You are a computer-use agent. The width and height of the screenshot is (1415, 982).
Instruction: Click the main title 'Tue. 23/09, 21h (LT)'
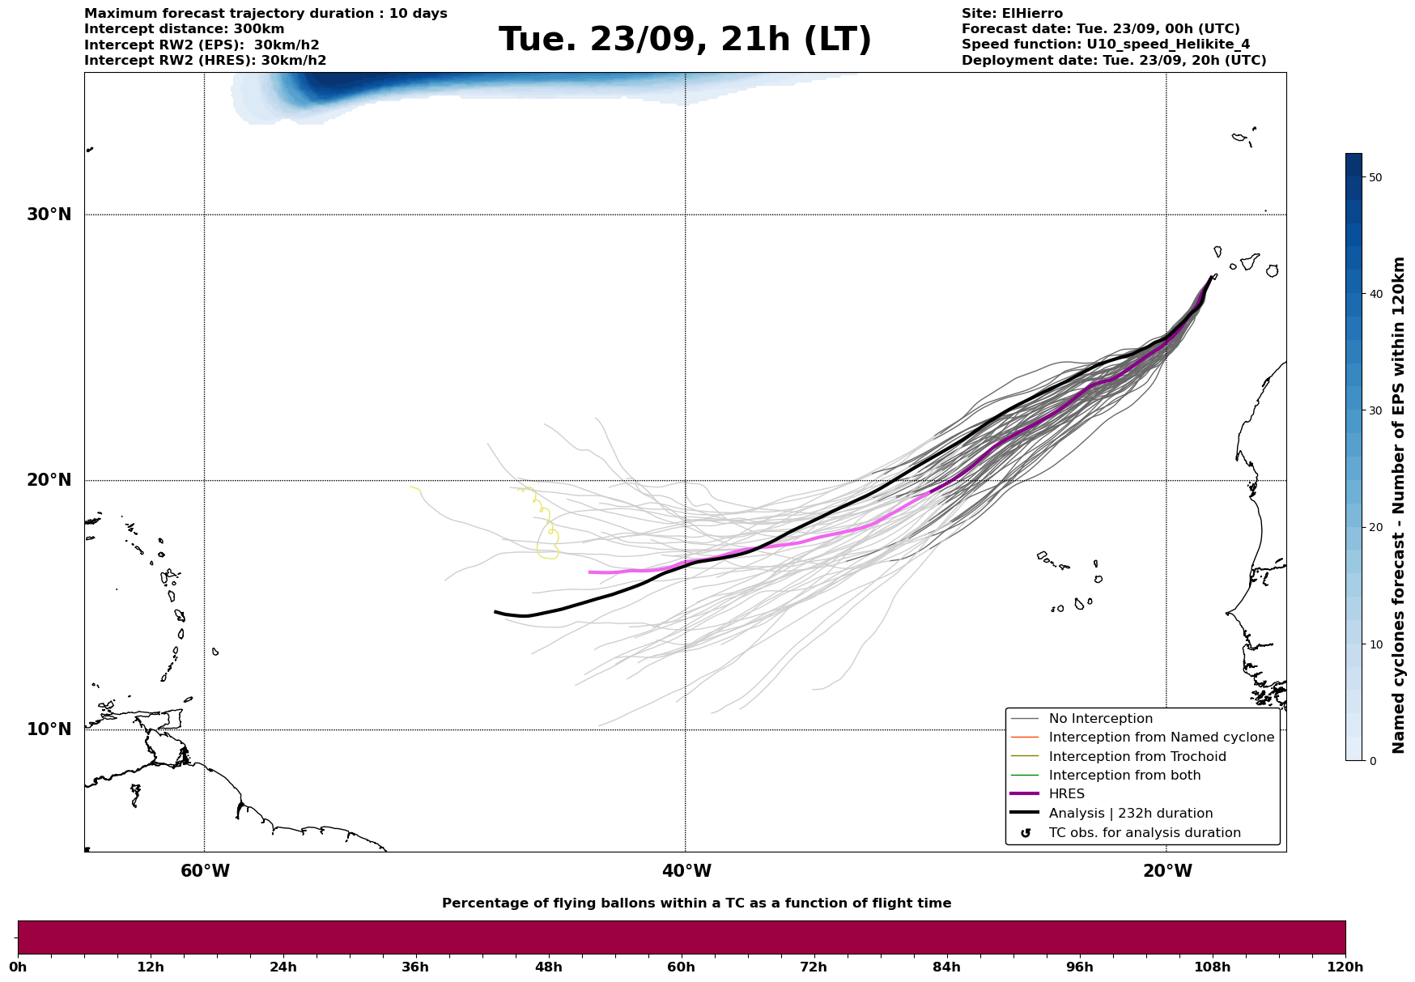(685, 40)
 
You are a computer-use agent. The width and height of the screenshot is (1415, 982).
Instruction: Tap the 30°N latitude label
(49, 215)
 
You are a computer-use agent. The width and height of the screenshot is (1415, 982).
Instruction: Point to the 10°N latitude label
(49, 729)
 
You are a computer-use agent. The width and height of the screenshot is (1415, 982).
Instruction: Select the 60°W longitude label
(205, 871)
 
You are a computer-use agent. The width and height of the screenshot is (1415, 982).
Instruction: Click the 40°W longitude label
(686, 871)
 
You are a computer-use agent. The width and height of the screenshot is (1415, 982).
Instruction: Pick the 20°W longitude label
(1167, 871)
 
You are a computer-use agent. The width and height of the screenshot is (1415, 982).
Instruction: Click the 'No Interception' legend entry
(1100, 719)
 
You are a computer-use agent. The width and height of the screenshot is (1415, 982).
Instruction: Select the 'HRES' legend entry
(1066, 794)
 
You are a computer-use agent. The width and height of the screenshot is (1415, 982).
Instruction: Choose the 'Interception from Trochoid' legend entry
(1137, 757)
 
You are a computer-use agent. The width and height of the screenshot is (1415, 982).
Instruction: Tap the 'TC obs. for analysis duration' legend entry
(1144, 833)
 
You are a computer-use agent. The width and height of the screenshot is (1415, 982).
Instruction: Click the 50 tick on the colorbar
(1375, 177)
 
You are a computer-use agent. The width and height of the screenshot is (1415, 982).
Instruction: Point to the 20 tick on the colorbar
(1375, 527)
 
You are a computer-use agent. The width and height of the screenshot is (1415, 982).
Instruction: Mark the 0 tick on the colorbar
(1372, 761)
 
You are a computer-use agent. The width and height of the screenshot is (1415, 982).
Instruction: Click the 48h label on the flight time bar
(548, 967)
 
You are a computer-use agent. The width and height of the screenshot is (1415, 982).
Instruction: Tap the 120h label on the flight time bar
(1345, 967)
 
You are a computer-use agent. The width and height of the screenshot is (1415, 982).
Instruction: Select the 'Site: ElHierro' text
(1012, 14)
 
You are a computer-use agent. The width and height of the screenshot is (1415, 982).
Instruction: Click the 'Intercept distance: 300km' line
(185, 29)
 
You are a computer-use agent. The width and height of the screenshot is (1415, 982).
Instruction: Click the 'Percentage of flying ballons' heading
(696, 903)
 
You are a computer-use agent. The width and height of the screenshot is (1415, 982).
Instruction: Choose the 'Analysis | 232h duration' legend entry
(1130, 814)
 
